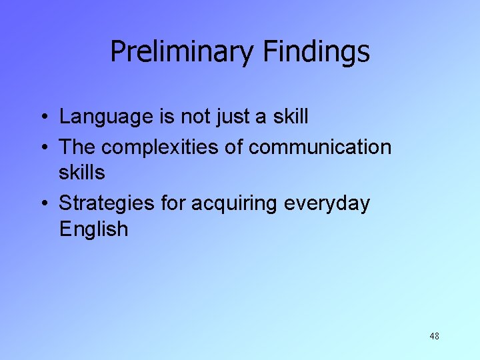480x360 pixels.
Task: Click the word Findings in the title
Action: pyautogui.click(x=317, y=52)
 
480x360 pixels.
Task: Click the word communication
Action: pyautogui.click(x=320, y=146)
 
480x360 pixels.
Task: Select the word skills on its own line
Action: pyautogui.click(x=82, y=173)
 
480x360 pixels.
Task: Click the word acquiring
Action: pyautogui.click(x=235, y=203)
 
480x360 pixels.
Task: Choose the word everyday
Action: pyautogui.click(x=327, y=203)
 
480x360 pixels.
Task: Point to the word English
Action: pyautogui.click(x=93, y=229)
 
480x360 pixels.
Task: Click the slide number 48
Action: pyautogui.click(x=434, y=337)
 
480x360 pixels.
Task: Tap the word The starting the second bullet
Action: pyautogui.click(x=78, y=146)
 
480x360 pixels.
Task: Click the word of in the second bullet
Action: pyautogui.click(x=233, y=146)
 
